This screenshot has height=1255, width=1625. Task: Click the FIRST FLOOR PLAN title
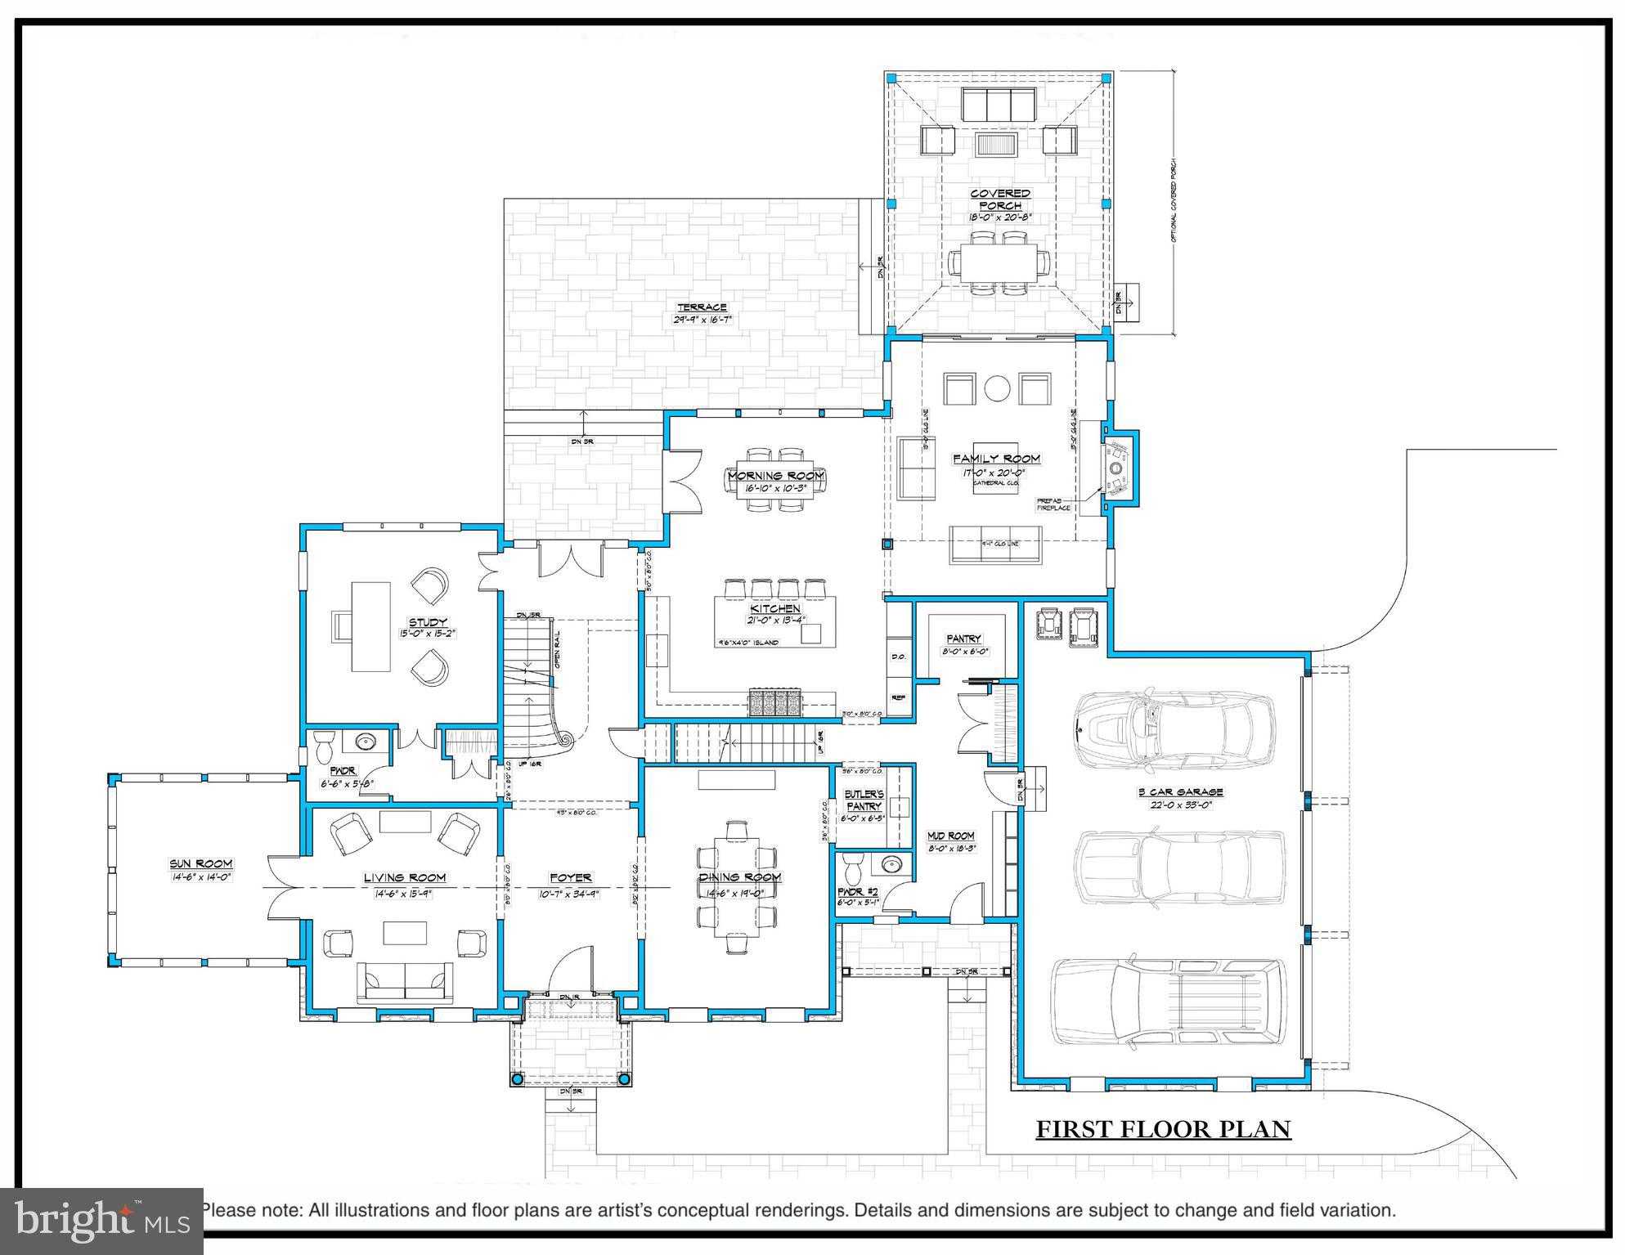(x=1163, y=1129)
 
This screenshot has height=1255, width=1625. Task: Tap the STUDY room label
(x=428, y=622)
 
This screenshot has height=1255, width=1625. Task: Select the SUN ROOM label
(x=201, y=863)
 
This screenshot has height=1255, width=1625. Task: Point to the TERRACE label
(x=702, y=307)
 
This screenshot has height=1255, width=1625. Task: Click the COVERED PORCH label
(x=1000, y=199)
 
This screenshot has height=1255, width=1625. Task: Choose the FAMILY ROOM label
(x=996, y=459)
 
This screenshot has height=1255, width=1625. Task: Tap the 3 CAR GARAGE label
(x=1179, y=791)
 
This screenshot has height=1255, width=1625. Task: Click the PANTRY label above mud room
(x=963, y=639)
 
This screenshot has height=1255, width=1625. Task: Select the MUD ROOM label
(x=950, y=836)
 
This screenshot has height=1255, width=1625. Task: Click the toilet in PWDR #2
(x=854, y=865)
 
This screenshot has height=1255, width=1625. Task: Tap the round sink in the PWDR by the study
(x=365, y=742)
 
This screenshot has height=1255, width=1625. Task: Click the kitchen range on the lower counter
(x=774, y=703)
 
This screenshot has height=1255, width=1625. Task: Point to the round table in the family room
(x=997, y=388)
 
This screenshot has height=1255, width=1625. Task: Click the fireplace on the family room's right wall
(x=1116, y=468)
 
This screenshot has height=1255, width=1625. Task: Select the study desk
(x=370, y=625)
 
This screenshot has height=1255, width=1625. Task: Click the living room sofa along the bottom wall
(x=405, y=982)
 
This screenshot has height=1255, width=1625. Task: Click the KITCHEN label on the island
(x=775, y=609)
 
